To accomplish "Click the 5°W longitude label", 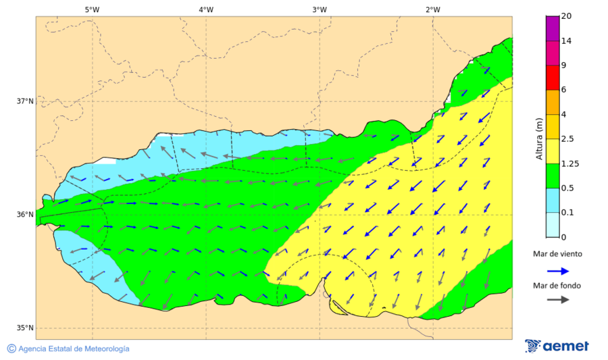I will pos(92,9).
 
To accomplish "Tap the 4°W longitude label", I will pos(205,9).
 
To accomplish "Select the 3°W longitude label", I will pos(320,9).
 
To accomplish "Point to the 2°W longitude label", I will pos(433,9).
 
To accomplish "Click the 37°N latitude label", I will pos(25,101).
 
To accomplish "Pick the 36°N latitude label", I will pos(25,215).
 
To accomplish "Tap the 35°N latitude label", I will pos(25,328).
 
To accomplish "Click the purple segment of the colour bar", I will pos(553,28).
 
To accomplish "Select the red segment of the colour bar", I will pos(553,77).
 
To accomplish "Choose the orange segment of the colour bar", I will pos(553,102).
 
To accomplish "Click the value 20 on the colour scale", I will pos(566,16).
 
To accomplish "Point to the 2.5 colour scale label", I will pos(568,139).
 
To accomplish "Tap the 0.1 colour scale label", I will pos(568,213).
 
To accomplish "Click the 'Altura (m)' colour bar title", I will pos(539,138).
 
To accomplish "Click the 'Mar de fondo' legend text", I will pos(557,286).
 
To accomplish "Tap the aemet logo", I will pos(557,346).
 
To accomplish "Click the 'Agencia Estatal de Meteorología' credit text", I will pos(74,349).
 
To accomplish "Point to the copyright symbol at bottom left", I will pos(11,349).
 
